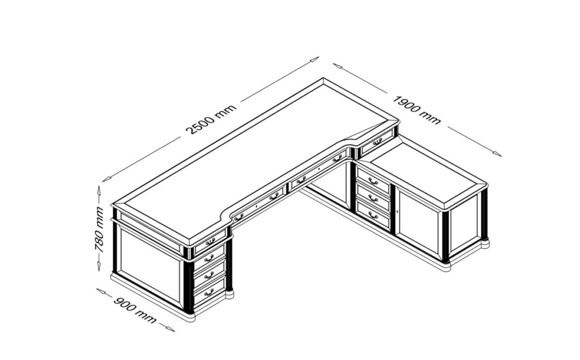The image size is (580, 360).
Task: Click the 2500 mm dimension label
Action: [x=211, y=119]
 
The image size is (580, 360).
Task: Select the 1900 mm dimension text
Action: [x=416, y=110]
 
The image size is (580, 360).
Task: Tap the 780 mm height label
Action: [x=100, y=229]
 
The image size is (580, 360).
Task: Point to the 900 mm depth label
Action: [x=135, y=310]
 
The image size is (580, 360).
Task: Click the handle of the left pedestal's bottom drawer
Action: [x=208, y=293]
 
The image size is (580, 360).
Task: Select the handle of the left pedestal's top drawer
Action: [x=210, y=241]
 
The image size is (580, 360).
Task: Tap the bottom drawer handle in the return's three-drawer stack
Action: [x=373, y=215]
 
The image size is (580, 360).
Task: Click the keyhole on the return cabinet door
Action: [x=397, y=212]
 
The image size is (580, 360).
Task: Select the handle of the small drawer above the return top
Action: [x=377, y=141]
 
